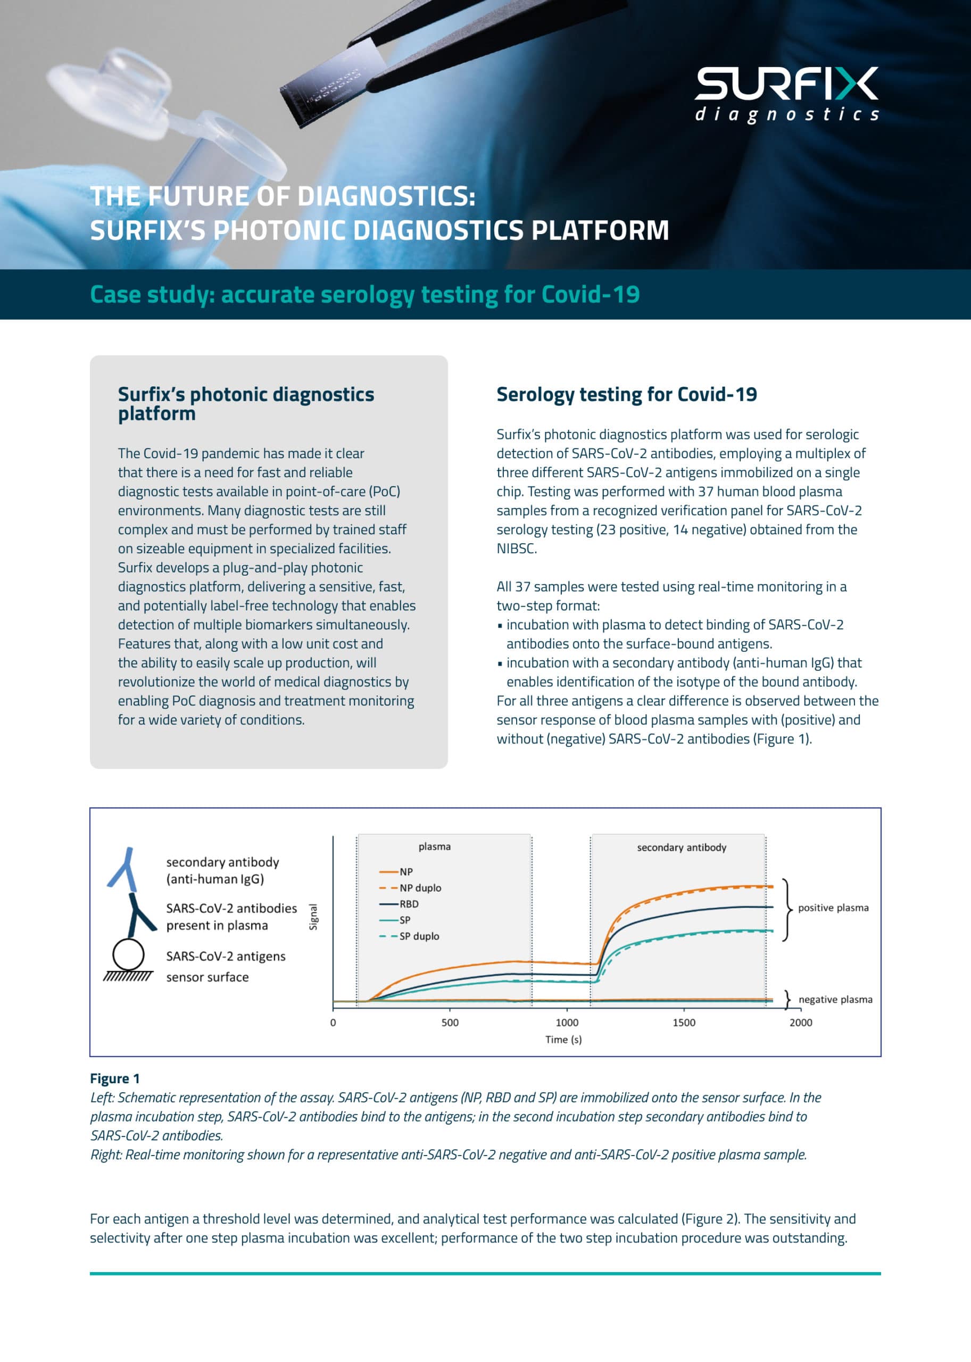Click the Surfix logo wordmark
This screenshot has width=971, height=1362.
786,83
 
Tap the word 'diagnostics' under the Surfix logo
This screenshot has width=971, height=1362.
786,114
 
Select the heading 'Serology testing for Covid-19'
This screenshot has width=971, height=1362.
626,395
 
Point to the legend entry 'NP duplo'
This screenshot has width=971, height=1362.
420,888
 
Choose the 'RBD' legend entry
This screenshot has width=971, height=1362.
409,904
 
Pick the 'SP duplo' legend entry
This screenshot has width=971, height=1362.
419,936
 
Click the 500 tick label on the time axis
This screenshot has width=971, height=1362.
450,1023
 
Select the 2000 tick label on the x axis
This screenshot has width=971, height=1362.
800,1023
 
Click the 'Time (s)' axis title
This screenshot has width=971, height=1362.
563,1040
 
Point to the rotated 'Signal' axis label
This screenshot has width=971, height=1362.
313,917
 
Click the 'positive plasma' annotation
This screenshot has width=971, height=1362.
833,908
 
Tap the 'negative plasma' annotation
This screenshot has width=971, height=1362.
835,999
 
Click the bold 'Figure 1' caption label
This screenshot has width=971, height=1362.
115,1078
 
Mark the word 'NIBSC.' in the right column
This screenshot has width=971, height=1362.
517,549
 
